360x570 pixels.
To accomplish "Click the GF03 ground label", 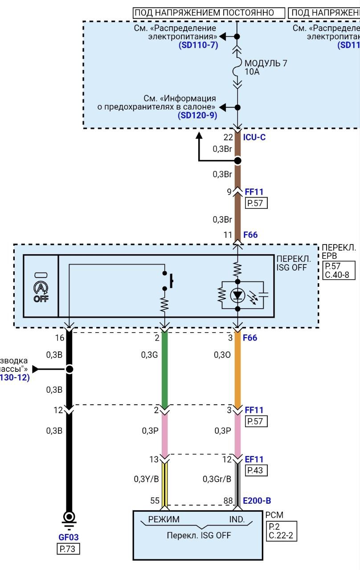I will click(68, 537).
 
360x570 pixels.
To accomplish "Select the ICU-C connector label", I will click(254, 137).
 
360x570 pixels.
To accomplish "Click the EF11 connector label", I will click(254, 459).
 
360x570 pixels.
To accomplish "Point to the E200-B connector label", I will click(257, 501).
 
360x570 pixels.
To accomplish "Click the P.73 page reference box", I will click(68, 549).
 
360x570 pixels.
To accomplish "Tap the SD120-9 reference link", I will click(198, 116).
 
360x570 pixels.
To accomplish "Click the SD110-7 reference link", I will click(198, 45).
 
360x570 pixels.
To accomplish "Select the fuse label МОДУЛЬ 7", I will click(266, 63).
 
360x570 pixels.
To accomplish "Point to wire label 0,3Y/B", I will click(146, 479).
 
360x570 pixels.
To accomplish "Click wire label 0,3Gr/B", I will click(217, 479).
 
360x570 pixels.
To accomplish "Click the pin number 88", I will click(228, 501).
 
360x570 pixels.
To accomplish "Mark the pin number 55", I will click(155, 501).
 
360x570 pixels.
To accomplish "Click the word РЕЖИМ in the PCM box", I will click(164, 519).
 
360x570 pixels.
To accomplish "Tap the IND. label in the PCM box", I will click(237, 519).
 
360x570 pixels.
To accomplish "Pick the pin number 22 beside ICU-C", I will click(228, 137).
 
